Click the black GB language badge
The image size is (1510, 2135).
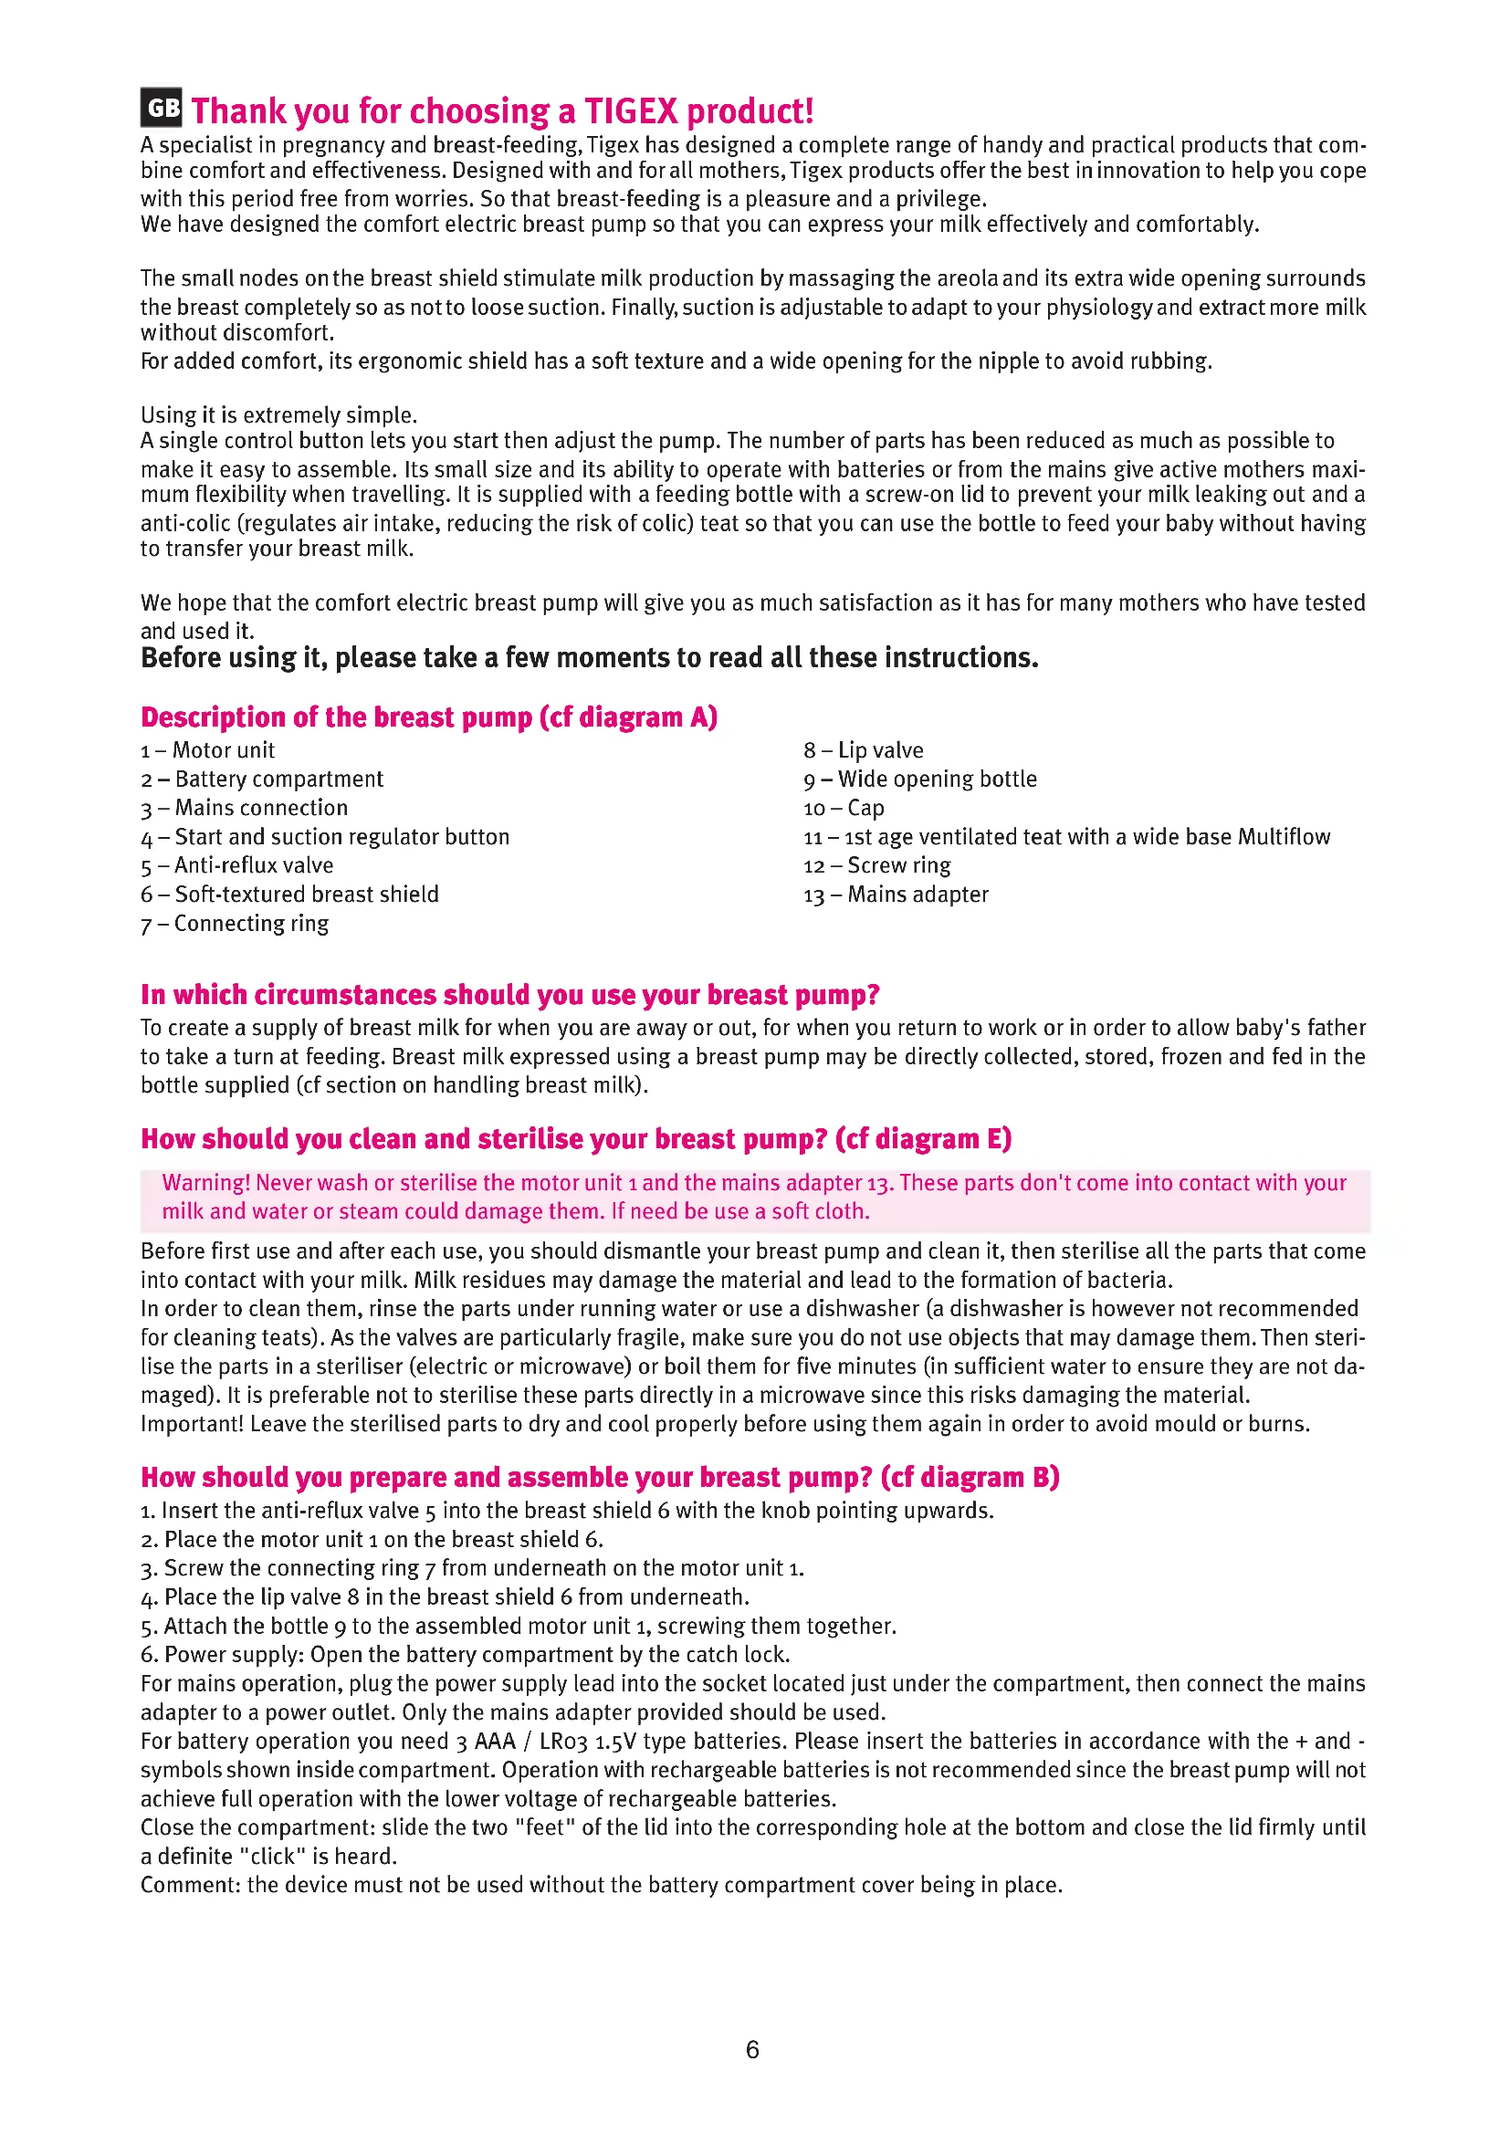tap(162, 108)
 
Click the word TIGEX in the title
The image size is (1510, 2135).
tap(632, 111)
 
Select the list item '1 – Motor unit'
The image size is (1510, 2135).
tap(207, 750)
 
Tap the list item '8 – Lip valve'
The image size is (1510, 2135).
tap(864, 750)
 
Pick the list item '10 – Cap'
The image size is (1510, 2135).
tap(844, 808)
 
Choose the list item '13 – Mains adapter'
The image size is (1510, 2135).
tap(896, 895)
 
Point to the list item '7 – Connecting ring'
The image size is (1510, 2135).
tap(235, 924)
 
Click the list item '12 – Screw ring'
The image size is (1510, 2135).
tap(876, 865)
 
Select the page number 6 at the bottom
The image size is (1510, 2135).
tap(753, 2048)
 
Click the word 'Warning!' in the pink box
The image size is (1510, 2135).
tap(205, 1183)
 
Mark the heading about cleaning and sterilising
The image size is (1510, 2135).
tap(575, 1139)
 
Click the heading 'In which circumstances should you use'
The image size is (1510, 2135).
tap(509, 995)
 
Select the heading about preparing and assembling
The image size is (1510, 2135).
tap(600, 1478)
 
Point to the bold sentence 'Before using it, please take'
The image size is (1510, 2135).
tap(589, 658)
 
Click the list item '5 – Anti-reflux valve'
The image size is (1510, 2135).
tap(236, 865)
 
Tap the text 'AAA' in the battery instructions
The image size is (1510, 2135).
tap(495, 1742)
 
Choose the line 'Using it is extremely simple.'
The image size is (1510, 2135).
tap(279, 414)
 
